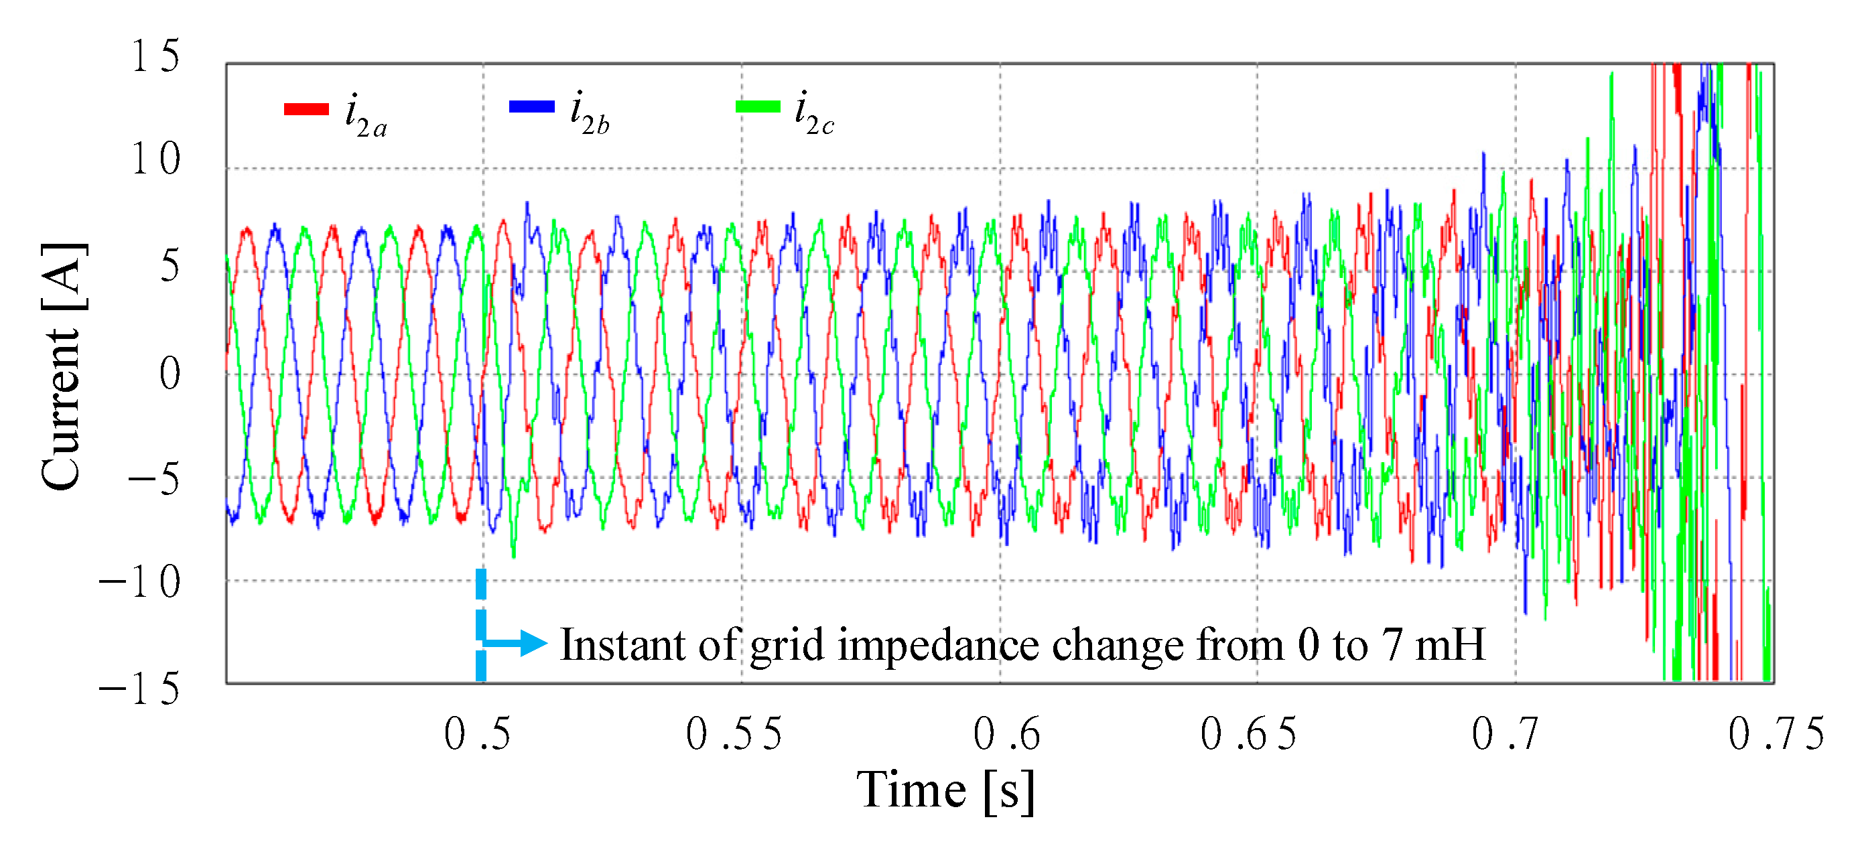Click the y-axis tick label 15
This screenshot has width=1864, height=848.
155,56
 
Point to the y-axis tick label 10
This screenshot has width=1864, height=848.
155,159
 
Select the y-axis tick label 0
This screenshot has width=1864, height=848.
170,374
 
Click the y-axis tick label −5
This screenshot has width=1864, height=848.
153,478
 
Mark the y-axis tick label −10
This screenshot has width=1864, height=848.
139,583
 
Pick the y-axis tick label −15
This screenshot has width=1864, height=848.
139,688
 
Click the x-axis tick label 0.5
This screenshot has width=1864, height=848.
477,734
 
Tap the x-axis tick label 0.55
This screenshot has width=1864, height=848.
734,734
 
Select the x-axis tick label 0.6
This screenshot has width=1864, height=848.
1006,734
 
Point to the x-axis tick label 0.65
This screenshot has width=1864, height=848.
1248,734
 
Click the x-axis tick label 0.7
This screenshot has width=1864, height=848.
1504,734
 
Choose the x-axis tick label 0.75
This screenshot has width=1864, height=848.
1776,734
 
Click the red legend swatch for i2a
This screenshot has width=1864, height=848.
306,109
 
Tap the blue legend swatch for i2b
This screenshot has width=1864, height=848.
532,107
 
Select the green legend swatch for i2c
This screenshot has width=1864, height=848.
758,107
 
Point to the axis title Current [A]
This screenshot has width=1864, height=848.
63,368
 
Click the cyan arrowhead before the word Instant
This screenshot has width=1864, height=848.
533,642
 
